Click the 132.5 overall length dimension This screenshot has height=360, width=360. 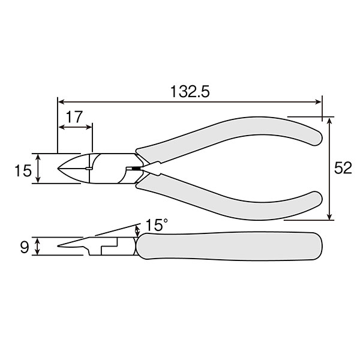pyautogui.click(x=190, y=92)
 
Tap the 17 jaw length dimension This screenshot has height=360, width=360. pyautogui.click(x=74, y=117)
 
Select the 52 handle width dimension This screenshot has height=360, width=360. pyautogui.click(x=343, y=168)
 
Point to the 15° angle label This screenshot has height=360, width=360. pyautogui.click(x=157, y=225)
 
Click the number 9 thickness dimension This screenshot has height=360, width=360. pyautogui.click(x=25, y=247)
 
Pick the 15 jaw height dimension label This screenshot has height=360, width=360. pyautogui.click(x=23, y=170)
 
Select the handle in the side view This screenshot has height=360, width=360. pyautogui.click(x=229, y=246)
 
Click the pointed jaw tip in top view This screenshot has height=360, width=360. pyautogui.click(x=58, y=168)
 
